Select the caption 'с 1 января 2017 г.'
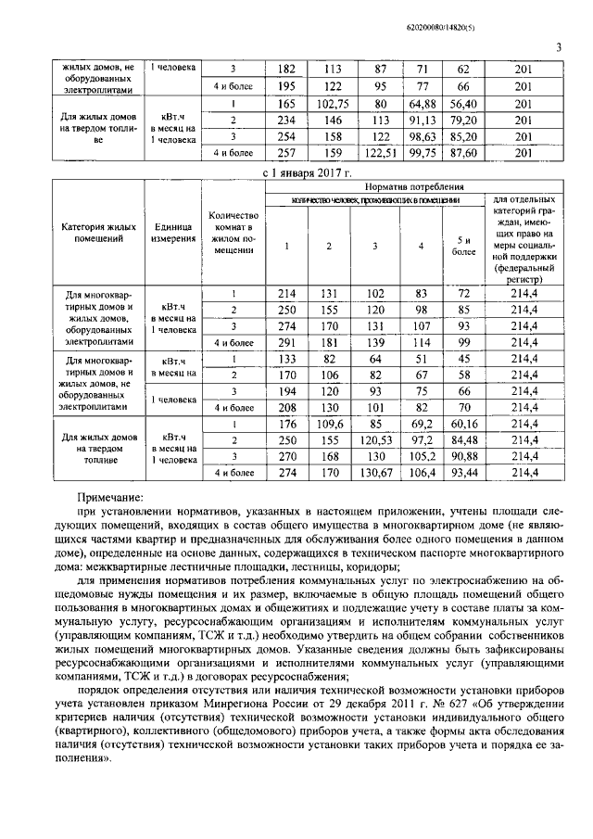(306, 172)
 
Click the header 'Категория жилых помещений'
(98, 232)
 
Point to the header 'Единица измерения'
(173, 232)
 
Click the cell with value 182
(285, 70)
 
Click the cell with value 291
(285, 343)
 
